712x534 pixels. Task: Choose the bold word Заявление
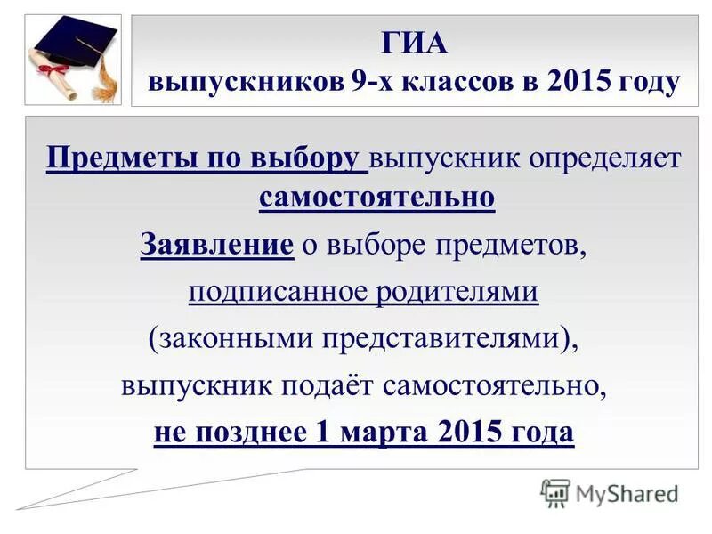coord(216,244)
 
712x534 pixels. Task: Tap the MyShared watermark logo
coord(610,493)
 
